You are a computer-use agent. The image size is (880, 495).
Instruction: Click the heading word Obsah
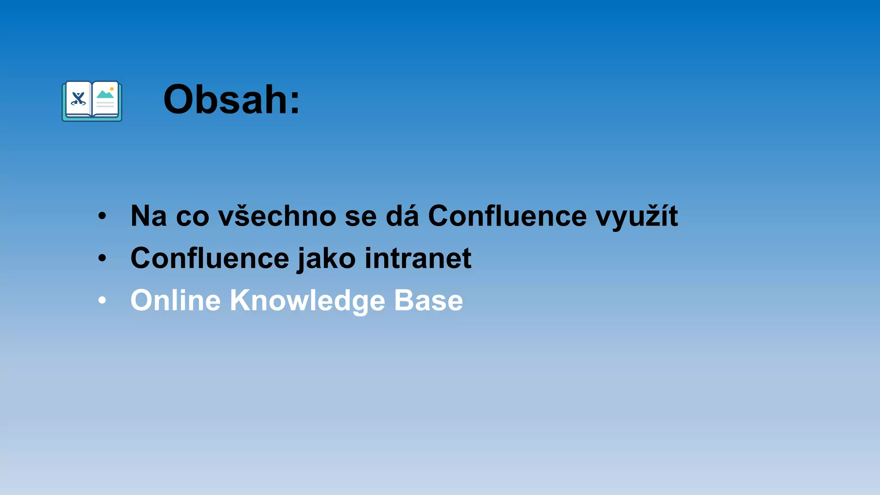click(x=221, y=100)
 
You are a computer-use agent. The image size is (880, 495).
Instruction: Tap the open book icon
click(x=92, y=101)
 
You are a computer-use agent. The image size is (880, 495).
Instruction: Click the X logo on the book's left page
click(x=78, y=99)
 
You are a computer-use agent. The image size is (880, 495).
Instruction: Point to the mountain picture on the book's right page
click(x=105, y=94)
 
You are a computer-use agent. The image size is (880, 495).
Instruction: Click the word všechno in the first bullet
click(x=277, y=216)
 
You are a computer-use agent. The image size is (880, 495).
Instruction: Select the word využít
click(x=636, y=217)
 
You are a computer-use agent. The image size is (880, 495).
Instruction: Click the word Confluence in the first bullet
click(x=507, y=216)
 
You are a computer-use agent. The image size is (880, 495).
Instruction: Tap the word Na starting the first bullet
click(x=149, y=216)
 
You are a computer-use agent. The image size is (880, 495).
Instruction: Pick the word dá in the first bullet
click(x=402, y=216)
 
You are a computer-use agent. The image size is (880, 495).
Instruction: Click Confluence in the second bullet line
click(x=210, y=258)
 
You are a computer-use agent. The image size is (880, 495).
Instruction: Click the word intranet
click(x=418, y=258)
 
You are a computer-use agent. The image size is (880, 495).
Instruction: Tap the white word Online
click(x=175, y=300)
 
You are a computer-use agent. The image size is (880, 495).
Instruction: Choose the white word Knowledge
click(x=307, y=301)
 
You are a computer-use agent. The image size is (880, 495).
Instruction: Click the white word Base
click(x=428, y=300)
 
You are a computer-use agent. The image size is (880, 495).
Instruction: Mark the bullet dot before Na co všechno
click(x=102, y=216)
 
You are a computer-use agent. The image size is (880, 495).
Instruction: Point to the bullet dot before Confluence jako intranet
click(x=102, y=258)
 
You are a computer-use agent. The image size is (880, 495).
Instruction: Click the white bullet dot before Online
click(x=102, y=300)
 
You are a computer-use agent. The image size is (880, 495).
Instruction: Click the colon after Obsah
click(x=294, y=103)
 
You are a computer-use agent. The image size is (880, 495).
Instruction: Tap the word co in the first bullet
click(x=192, y=217)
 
